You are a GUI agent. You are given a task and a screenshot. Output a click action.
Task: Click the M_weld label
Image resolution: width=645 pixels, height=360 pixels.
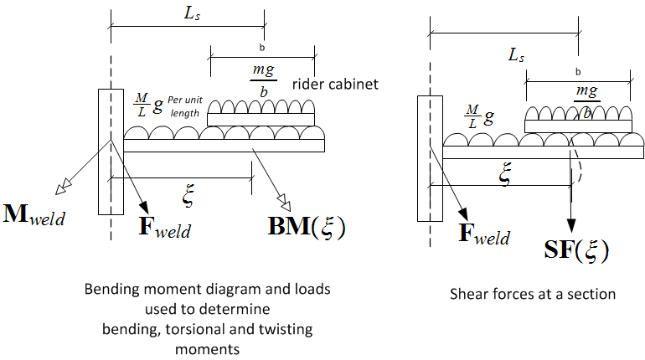(34, 214)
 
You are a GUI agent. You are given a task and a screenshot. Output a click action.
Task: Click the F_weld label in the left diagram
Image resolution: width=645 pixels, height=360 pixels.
(164, 225)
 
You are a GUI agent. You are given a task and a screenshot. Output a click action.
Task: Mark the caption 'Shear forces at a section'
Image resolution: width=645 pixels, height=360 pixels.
(534, 293)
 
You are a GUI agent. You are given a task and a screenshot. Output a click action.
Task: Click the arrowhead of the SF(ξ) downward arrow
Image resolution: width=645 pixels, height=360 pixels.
(572, 226)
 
